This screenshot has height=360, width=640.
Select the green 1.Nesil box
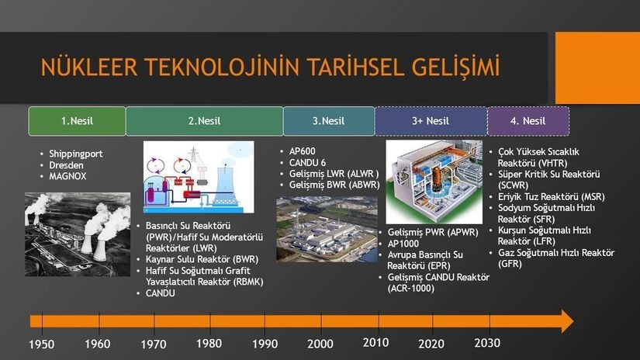coord(77,121)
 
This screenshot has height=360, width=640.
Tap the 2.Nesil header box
coord(205,121)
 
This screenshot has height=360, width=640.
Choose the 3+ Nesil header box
coord(431,121)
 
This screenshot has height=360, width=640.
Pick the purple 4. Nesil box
coord(528,121)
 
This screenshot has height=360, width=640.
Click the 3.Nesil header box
coord(329,121)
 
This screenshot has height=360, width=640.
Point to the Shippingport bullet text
coord(76,154)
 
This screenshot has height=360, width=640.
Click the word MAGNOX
coord(67,176)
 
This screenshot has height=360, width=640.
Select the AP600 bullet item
coord(302,151)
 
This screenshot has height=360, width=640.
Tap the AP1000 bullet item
coord(403,244)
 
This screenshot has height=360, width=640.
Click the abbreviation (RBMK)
coord(248,282)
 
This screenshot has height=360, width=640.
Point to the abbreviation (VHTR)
coord(552,163)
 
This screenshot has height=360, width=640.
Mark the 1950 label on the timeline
coord(41,344)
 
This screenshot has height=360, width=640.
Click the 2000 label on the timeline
coord(320,344)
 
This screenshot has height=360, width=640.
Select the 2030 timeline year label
coord(487,343)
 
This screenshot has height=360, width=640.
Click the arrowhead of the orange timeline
coord(567,320)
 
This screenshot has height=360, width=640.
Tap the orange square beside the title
coord(597,67)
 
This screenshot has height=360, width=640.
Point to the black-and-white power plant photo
coord(78,234)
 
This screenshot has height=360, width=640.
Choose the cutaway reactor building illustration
coord(434,182)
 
